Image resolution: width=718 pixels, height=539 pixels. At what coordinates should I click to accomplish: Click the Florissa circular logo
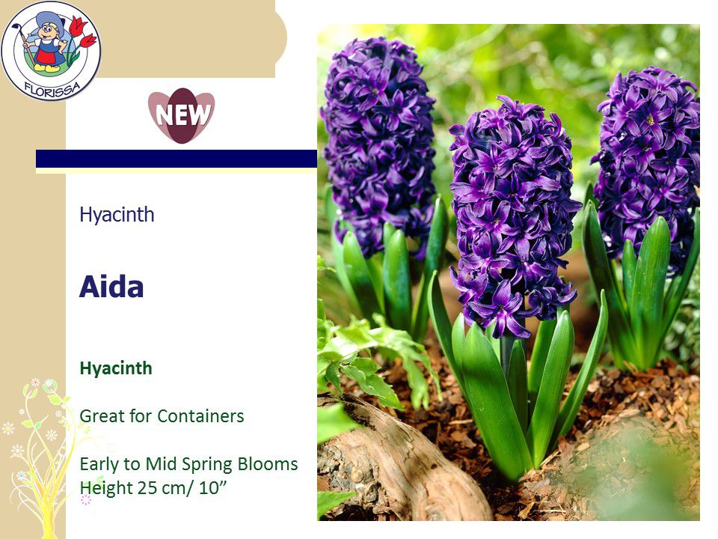pyautogui.click(x=50, y=50)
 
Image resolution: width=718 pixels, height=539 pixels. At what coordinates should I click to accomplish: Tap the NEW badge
pyautogui.click(x=181, y=115)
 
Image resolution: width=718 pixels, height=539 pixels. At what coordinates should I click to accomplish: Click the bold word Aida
pyautogui.click(x=111, y=287)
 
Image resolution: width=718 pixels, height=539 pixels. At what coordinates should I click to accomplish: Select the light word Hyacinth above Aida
pyautogui.click(x=117, y=215)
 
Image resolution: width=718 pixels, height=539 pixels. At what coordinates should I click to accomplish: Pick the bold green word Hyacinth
pyautogui.click(x=116, y=368)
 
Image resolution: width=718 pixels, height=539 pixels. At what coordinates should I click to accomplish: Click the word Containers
pyautogui.click(x=200, y=416)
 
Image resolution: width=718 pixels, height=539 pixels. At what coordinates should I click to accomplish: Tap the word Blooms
pyautogui.click(x=268, y=464)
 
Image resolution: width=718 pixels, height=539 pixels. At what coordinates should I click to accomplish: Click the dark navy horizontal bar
pyautogui.click(x=177, y=159)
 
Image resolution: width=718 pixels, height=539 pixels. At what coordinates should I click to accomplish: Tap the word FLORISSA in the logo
pyautogui.click(x=52, y=89)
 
